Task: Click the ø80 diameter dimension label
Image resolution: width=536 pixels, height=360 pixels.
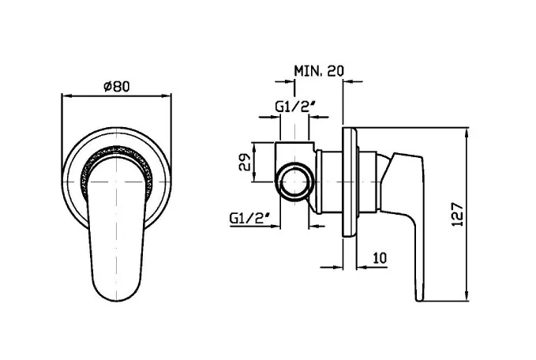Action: coord(117,86)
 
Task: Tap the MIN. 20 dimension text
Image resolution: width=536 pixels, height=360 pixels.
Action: coord(319,71)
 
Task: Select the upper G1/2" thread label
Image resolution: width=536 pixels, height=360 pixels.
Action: coord(295,107)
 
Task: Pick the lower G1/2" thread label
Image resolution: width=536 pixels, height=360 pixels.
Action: coord(249,217)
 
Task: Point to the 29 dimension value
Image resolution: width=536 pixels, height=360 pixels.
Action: coord(245,163)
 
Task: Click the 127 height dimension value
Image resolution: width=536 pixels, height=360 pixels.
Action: coord(457,215)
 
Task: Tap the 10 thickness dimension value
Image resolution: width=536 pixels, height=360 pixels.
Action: coord(380,257)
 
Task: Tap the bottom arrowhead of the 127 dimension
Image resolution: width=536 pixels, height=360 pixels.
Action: coord(467,296)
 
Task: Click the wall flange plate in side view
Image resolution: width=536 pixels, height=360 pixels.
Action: coord(349,182)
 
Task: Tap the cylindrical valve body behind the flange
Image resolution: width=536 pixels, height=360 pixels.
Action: coord(332,182)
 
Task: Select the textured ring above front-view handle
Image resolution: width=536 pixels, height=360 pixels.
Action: coord(117,149)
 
